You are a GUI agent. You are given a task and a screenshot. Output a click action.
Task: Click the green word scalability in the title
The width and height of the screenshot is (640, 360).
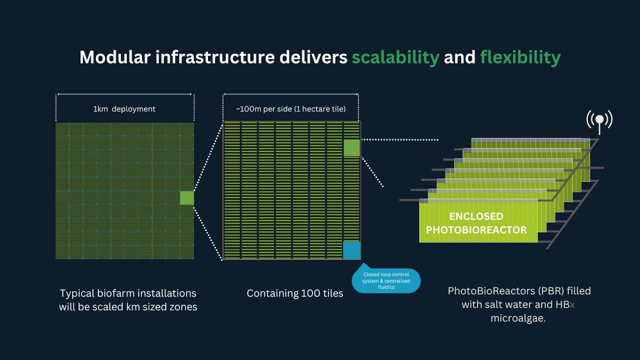coord(395,57)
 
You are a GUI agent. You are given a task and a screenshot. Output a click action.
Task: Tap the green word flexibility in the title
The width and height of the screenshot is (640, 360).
coord(520,57)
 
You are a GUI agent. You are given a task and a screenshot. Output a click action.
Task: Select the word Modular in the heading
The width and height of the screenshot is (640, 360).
coord(115,57)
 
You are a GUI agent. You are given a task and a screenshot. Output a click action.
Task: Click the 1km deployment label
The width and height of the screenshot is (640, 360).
coord(124,109)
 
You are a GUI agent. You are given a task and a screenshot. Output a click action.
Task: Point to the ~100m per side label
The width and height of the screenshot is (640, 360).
coord(290,109)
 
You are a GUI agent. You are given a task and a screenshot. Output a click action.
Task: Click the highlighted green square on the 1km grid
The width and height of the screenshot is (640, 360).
coord(187,197)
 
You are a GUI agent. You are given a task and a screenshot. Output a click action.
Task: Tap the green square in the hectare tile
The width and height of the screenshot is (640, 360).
coord(351,147)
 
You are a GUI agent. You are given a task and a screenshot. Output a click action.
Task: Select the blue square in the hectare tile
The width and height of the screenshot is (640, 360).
coord(351,250)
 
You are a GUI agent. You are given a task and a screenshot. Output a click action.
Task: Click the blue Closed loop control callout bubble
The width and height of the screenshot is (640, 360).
coord(386,280)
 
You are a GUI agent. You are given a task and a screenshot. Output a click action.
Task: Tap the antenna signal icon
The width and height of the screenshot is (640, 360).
coord(599,121)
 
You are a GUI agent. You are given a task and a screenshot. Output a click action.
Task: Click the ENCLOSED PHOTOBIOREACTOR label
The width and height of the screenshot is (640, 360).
coord(476,223)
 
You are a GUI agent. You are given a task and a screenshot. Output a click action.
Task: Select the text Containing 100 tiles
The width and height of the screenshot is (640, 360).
coord(295,293)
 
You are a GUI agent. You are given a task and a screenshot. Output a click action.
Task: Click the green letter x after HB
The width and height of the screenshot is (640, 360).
coord(572,305)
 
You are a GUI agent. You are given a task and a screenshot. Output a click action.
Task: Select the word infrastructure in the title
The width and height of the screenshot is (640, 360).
coord(215,57)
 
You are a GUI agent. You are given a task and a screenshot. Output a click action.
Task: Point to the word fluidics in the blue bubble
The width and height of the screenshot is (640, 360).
coord(386,287)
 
